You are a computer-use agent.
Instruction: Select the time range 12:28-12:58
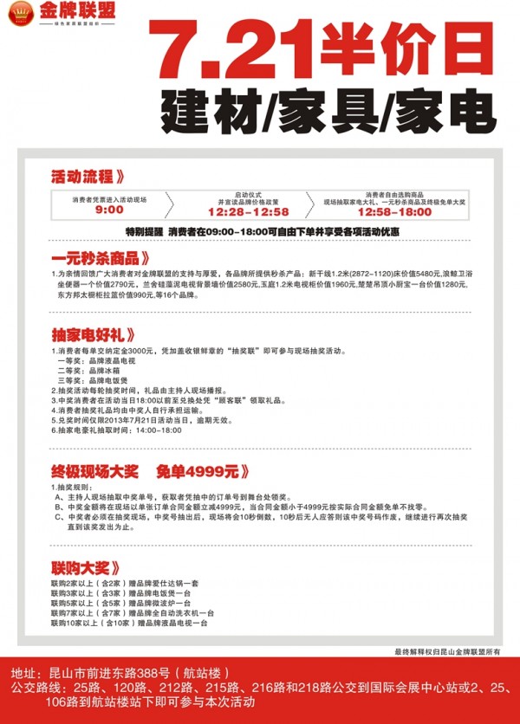(x=248, y=211)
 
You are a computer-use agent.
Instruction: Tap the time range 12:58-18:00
(x=393, y=211)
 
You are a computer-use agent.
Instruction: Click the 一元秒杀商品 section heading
(x=106, y=258)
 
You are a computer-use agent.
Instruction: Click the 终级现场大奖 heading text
(x=94, y=472)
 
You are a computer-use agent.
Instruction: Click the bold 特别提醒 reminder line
(x=261, y=232)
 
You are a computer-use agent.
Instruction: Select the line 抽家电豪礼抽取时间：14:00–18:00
(x=116, y=430)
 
